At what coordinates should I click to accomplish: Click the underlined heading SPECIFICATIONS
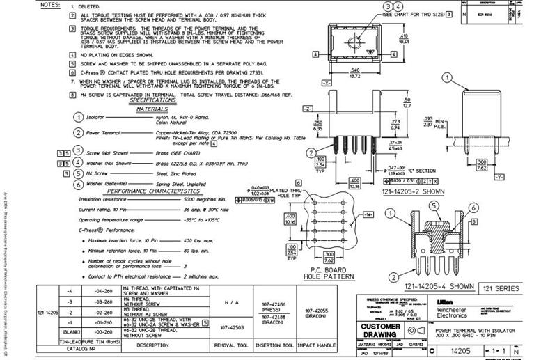click(152, 101)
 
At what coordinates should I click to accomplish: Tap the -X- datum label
click(325, 82)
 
